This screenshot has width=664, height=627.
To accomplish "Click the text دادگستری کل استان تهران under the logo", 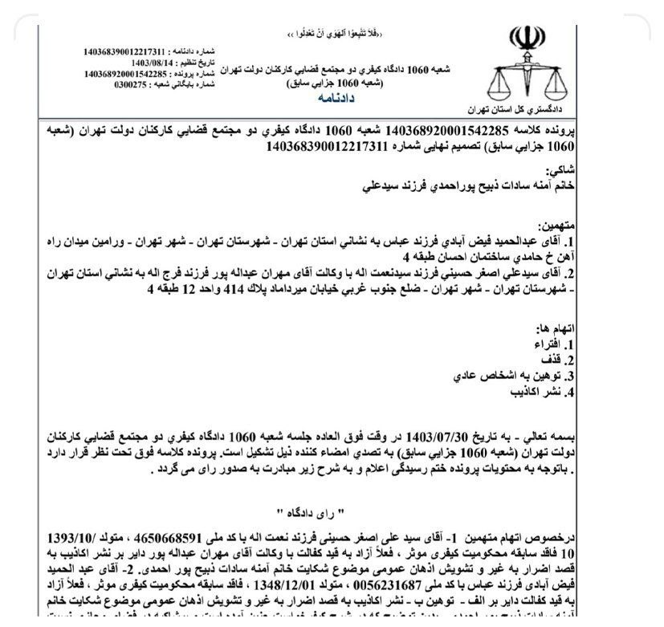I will coord(524,108).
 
